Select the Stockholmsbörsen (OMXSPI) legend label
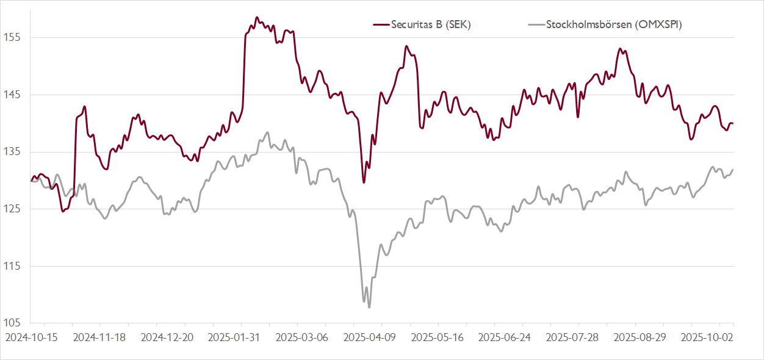[x=614, y=24]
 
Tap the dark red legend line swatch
[x=381, y=24]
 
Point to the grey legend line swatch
[x=535, y=24]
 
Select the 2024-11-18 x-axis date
[x=99, y=337]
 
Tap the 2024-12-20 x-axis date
[x=167, y=337]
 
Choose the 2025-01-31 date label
[x=234, y=337]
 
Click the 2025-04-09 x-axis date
[x=369, y=337]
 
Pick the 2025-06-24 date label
[x=504, y=337]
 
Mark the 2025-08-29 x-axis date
[x=639, y=337]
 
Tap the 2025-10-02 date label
[x=706, y=337]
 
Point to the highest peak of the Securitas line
[x=257, y=18]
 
